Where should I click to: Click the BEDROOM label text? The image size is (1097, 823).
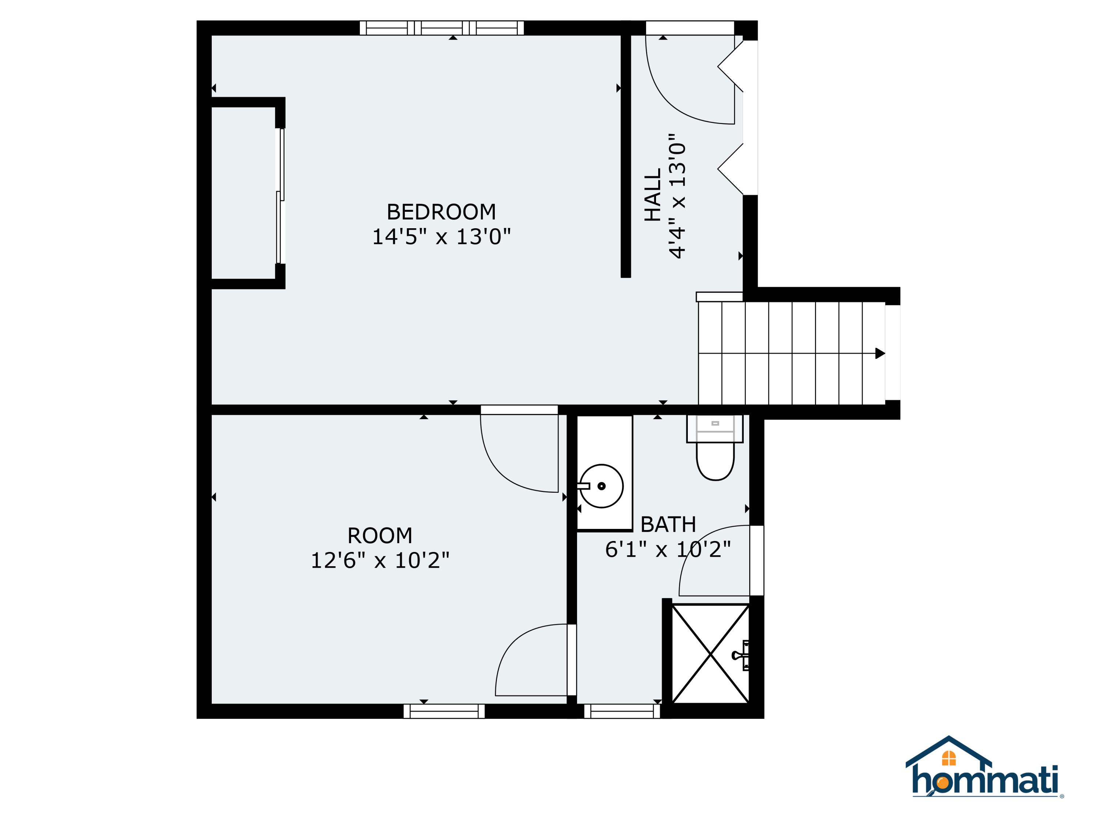tap(441, 212)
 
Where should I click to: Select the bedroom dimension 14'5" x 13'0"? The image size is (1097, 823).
tap(441, 237)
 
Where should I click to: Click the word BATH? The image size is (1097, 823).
tap(668, 525)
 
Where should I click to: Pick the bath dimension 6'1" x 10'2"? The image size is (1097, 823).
tap(668, 549)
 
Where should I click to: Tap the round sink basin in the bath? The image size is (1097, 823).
tap(601, 486)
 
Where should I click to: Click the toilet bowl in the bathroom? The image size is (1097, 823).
tap(715, 461)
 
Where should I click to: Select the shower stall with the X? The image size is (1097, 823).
tap(710, 654)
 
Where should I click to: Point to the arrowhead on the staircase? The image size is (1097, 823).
tap(880, 353)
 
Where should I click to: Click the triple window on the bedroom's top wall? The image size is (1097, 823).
tap(441, 28)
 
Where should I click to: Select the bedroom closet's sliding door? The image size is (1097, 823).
tap(281, 196)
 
